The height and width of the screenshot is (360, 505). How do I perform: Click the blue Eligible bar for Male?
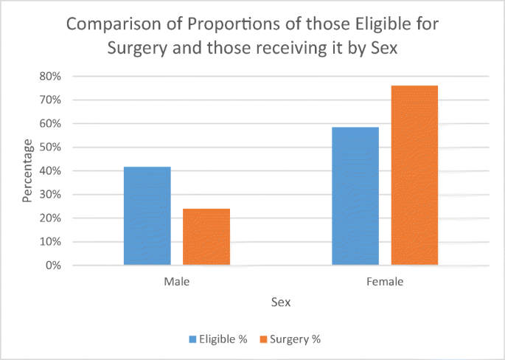[147, 215]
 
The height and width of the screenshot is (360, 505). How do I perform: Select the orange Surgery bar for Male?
[206, 237]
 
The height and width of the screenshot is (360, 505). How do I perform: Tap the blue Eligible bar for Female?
[355, 195]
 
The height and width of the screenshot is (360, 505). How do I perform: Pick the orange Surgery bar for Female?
[414, 175]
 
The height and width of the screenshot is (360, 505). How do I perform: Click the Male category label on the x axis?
[177, 281]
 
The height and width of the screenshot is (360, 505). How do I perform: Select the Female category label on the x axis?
[385, 281]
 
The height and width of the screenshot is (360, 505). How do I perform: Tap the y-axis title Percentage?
[27, 171]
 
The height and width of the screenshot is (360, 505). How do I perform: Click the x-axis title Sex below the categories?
[281, 302]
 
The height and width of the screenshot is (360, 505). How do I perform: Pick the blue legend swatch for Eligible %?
[193, 339]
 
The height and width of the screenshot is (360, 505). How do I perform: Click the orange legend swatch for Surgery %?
[263, 339]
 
